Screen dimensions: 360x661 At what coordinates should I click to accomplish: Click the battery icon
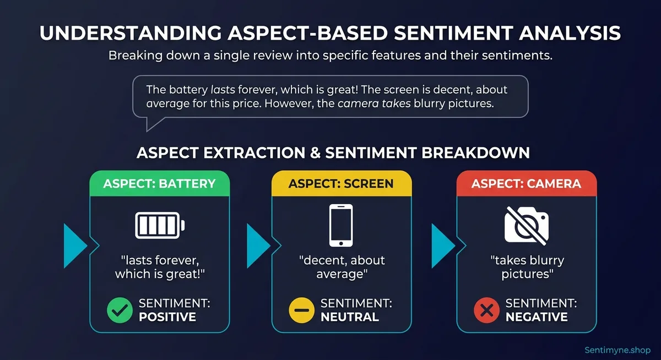(160, 226)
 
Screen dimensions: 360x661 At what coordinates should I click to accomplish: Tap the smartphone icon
(341, 226)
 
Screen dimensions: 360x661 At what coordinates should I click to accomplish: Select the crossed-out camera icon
(527, 226)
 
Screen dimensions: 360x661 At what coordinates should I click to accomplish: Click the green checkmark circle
(120, 310)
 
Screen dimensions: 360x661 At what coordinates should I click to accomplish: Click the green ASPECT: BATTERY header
(160, 183)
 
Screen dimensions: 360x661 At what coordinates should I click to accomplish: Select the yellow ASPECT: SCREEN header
(341, 183)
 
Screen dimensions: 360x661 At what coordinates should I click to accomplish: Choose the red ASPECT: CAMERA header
(527, 183)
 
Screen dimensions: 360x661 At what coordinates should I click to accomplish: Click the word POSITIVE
(167, 317)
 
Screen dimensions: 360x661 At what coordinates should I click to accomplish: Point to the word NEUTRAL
(350, 317)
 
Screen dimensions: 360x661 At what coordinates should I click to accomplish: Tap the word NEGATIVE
(537, 317)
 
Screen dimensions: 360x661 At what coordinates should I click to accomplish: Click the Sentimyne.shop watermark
(617, 350)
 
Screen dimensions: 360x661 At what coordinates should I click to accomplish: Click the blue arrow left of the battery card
(75, 246)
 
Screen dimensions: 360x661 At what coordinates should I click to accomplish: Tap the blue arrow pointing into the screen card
(258, 246)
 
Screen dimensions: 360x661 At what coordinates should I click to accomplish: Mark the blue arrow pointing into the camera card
(442, 246)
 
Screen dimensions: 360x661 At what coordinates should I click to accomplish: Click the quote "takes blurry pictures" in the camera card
(527, 267)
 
